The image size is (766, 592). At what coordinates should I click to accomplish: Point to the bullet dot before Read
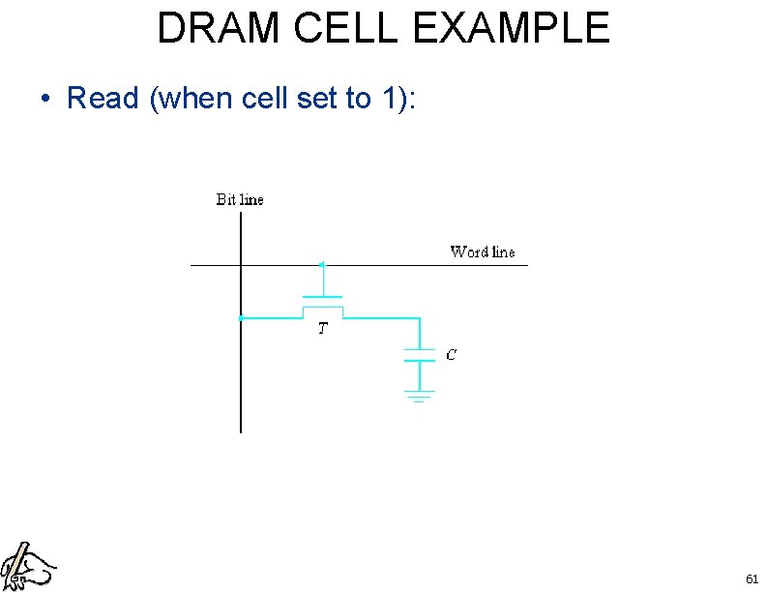(x=44, y=100)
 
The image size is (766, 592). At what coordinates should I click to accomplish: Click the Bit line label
(x=239, y=200)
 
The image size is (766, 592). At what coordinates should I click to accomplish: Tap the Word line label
(x=482, y=252)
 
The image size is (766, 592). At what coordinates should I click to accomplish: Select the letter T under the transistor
(x=322, y=329)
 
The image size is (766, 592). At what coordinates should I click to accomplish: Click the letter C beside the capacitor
(x=451, y=355)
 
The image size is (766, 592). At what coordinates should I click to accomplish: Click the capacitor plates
(x=420, y=354)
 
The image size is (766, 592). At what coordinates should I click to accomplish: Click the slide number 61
(x=751, y=578)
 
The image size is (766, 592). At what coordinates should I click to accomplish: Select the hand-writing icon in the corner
(x=26, y=567)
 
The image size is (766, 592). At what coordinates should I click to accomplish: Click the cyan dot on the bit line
(x=241, y=317)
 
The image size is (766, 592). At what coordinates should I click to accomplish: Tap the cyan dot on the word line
(x=322, y=264)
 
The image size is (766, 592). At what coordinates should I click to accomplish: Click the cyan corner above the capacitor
(x=420, y=317)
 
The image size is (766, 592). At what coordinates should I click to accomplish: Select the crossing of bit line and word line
(x=240, y=265)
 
